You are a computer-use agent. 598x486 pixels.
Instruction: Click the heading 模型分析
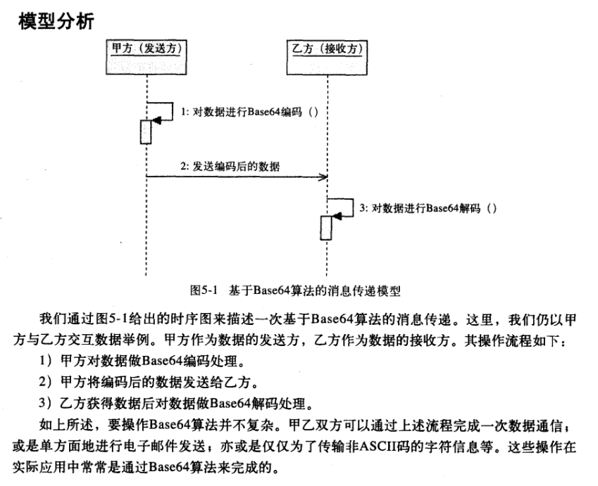coord(54,20)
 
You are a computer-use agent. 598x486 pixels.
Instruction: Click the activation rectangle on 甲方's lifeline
coord(146,132)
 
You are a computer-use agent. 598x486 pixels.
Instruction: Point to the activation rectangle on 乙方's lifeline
coord(325,227)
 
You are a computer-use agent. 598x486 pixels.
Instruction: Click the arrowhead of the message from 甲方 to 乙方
coord(323,177)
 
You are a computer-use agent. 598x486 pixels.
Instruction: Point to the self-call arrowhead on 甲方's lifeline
coord(157,122)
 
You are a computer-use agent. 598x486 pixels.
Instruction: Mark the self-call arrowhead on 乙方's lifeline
coord(337,217)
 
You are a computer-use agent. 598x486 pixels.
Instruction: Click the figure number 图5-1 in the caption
coord(206,290)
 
